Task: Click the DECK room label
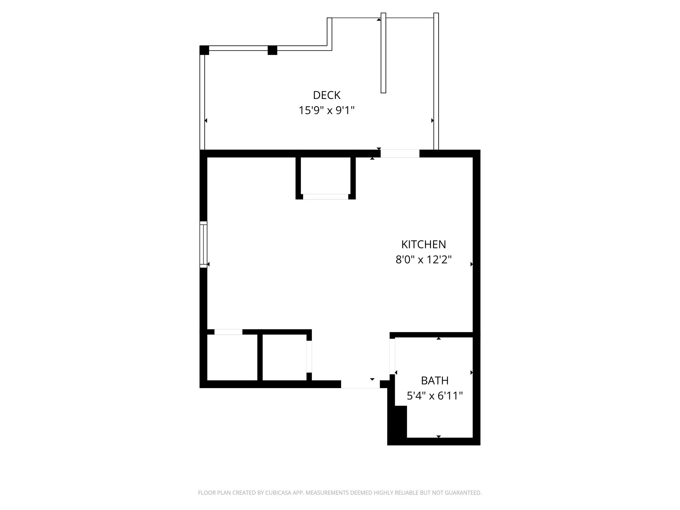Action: (x=327, y=95)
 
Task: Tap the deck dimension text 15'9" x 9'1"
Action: (x=327, y=110)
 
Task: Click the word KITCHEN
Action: (x=423, y=244)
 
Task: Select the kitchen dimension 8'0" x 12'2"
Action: (x=423, y=259)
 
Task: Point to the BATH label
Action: (x=435, y=381)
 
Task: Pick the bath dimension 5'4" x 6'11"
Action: (x=435, y=396)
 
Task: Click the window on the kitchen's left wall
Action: (x=203, y=244)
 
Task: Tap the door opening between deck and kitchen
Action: (x=400, y=153)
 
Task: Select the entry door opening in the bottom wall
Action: (x=360, y=384)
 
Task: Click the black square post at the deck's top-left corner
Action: (x=204, y=50)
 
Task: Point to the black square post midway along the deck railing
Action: (x=272, y=50)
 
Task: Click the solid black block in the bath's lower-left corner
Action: (x=397, y=425)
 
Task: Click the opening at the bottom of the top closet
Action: (x=325, y=197)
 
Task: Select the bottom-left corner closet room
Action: (x=232, y=357)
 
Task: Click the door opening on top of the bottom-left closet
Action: (x=228, y=332)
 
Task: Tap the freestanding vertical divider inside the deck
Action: (x=383, y=53)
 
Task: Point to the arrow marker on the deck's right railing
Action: (x=432, y=121)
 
